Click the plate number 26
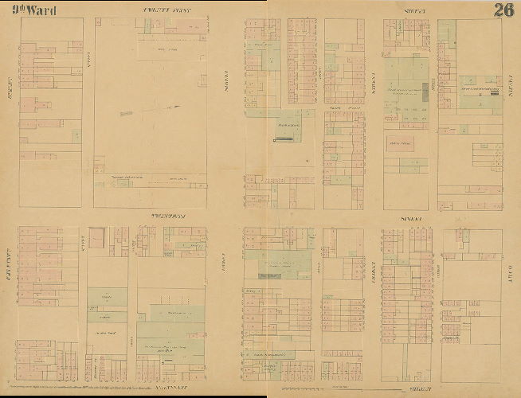[503, 10]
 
